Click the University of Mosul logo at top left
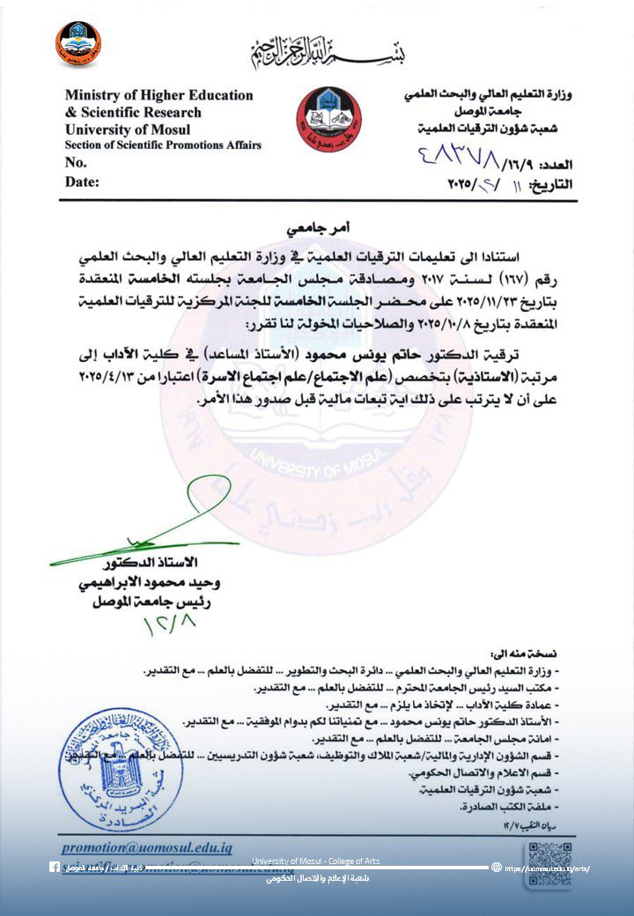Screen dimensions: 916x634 pos(78,44)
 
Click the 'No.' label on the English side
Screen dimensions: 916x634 pos(76,163)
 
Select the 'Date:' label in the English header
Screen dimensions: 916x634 pos(82,182)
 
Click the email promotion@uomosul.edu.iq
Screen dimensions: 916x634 pos(147,847)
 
